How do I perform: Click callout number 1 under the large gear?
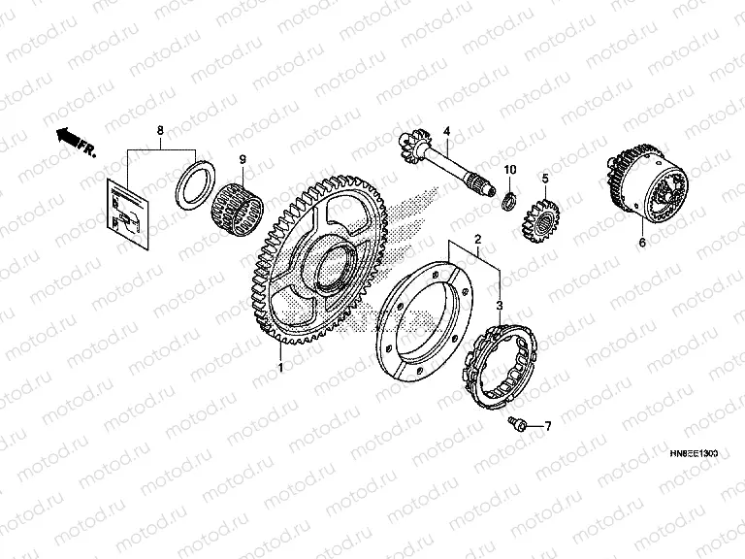[280, 368]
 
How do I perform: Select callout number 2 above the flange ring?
[477, 239]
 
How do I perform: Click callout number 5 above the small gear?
[545, 179]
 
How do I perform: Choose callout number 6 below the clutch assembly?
[641, 243]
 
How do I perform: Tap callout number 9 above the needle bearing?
[243, 159]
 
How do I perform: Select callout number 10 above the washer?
[509, 171]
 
